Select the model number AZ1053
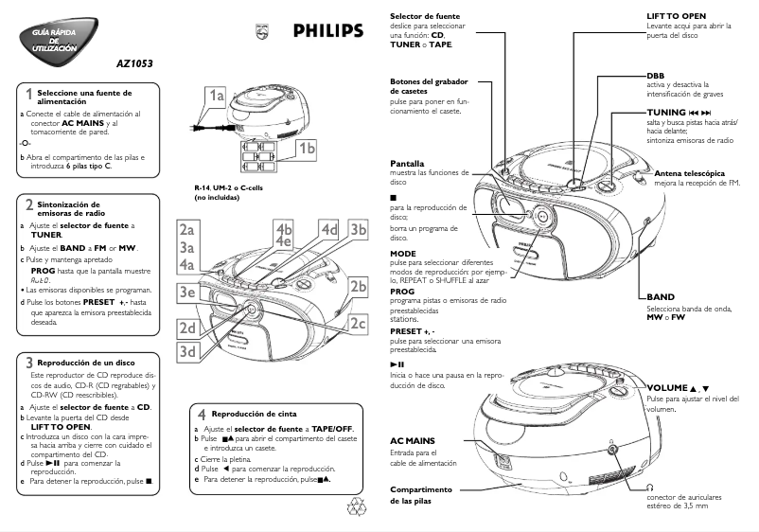click(x=132, y=64)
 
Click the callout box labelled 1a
click(x=217, y=97)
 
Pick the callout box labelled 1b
click(x=307, y=149)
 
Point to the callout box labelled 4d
click(x=328, y=229)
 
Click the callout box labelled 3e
click(x=186, y=293)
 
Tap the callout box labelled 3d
click(x=186, y=352)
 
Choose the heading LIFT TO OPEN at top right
click(x=676, y=17)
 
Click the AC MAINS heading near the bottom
click(x=413, y=441)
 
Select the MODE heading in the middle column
click(x=403, y=254)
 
